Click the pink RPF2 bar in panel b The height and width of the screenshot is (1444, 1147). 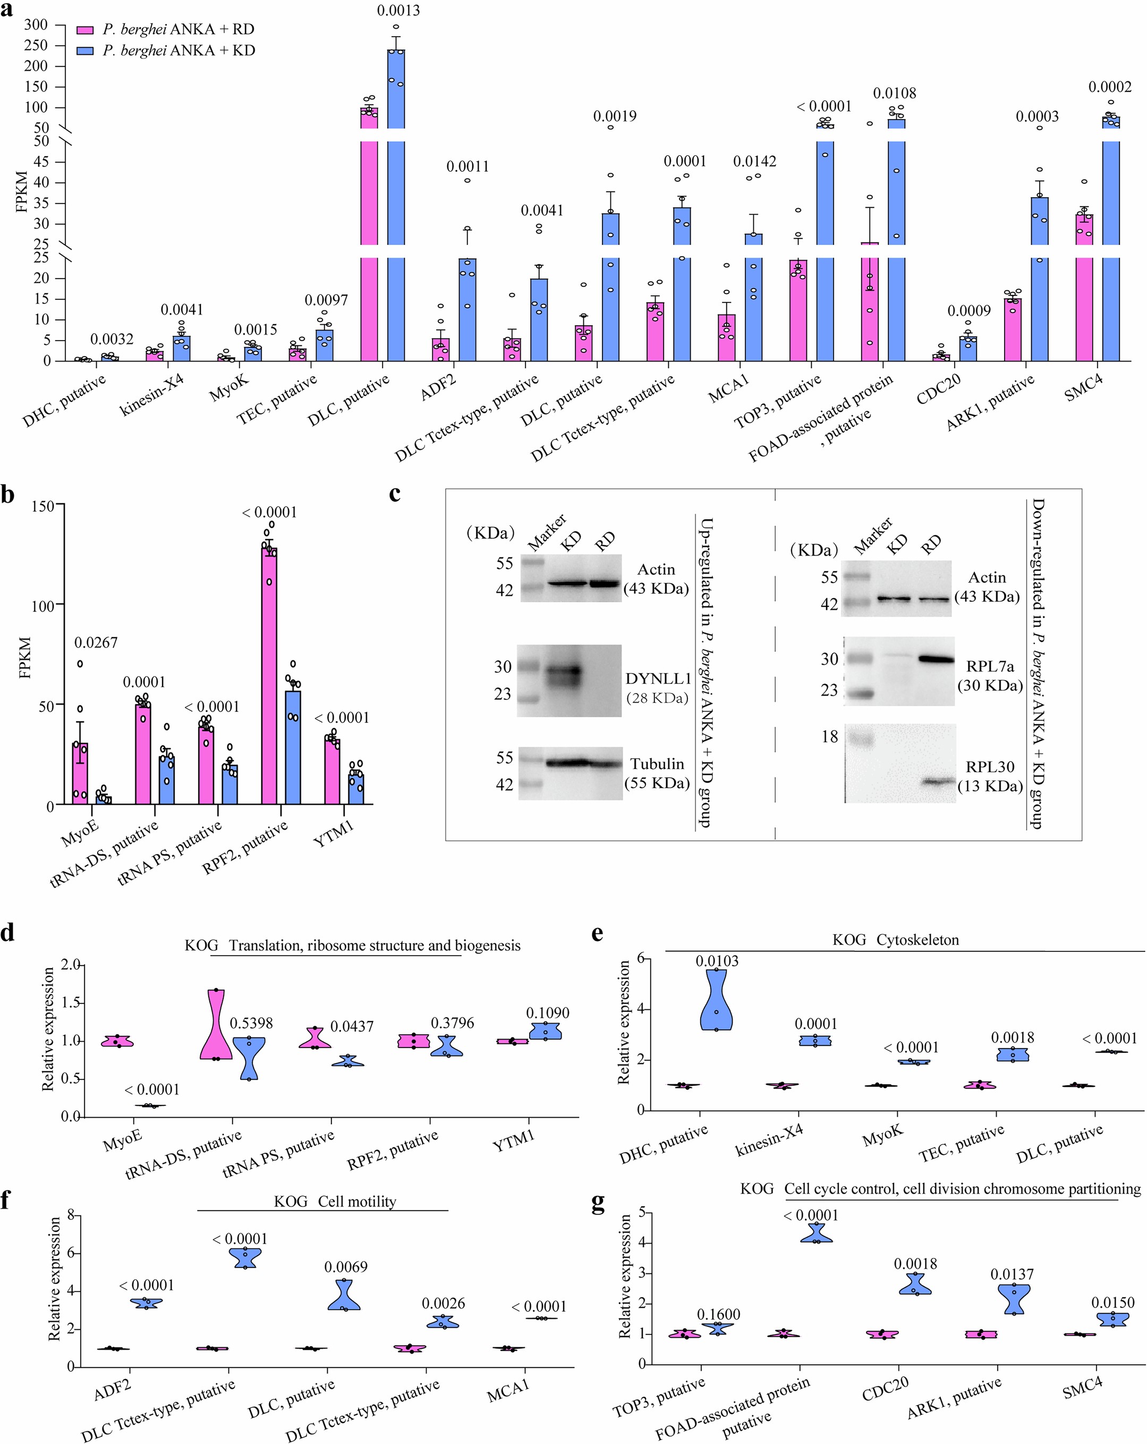click(269, 677)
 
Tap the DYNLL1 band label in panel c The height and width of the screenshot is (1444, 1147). click(658, 679)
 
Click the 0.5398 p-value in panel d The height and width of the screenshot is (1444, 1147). click(251, 1023)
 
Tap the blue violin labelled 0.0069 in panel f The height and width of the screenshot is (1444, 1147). click(344, 1295)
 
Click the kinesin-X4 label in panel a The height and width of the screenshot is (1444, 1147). click(152, 396)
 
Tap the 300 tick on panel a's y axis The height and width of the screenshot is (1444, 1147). click(36, 25)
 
